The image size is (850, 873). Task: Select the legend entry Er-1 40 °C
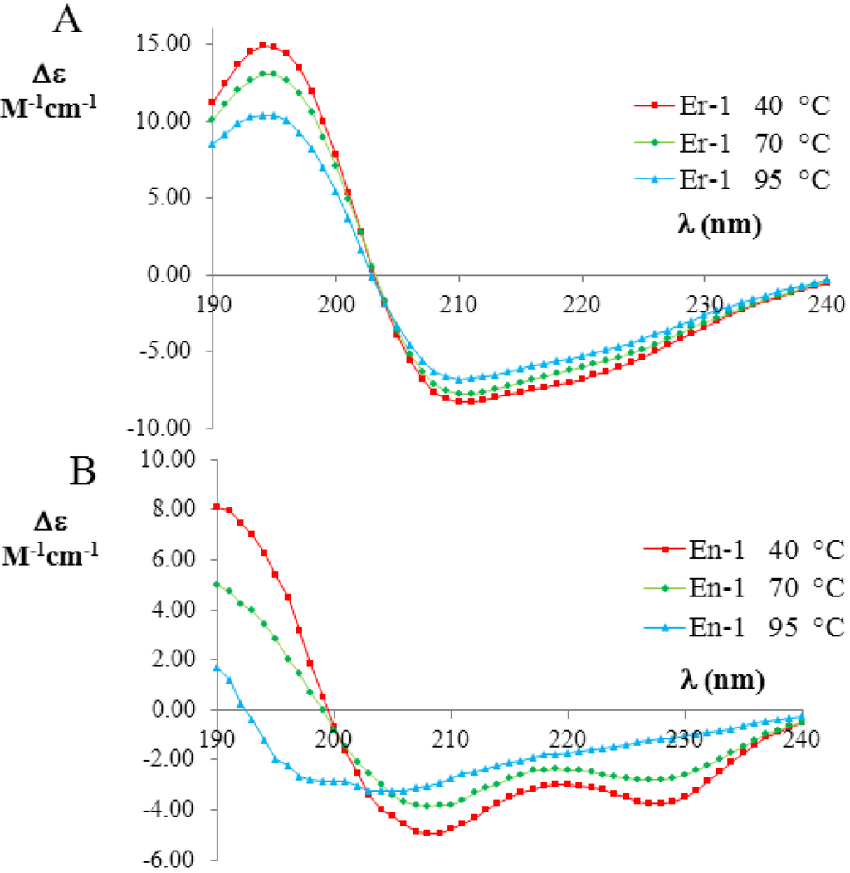(730, 105)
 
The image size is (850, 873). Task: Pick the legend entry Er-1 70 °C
(730, 143)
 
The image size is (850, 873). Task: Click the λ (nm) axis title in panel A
(719, 224)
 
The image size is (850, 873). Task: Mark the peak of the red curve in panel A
(263, 45)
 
